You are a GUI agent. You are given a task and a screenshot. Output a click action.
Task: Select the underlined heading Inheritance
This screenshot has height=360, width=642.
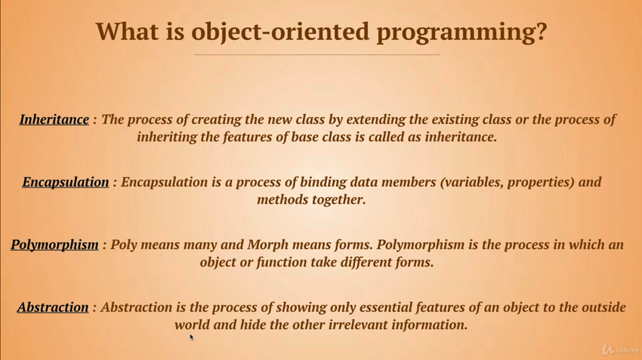(54, 119)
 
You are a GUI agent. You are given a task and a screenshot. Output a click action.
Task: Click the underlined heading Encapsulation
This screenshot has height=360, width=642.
(66, 182)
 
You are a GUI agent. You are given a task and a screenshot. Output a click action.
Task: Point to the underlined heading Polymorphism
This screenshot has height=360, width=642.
(54, 245)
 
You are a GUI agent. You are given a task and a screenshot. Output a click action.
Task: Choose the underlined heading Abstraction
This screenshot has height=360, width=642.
(53, 307)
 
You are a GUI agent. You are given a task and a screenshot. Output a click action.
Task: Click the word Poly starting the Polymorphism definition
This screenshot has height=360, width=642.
(124, 245)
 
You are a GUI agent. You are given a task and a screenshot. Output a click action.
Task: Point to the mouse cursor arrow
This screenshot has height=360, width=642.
(191, 337)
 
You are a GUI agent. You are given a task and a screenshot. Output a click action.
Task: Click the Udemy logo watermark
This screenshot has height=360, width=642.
(620, 349)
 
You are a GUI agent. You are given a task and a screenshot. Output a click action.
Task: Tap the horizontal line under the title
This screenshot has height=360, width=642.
(317, 54)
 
